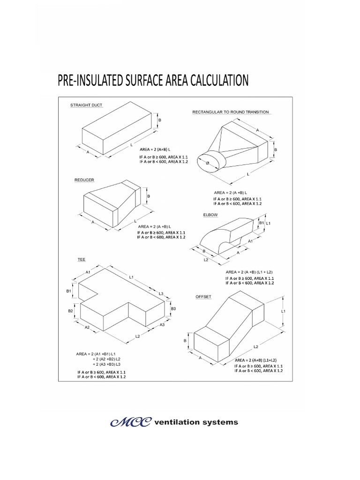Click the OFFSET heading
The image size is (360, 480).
pos(203,297)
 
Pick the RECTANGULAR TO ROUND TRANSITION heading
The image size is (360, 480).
pos(231,112)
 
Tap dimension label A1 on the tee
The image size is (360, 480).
pos(88,272)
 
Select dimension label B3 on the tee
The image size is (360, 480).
pos(173,309)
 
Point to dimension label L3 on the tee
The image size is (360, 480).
pos(161,293)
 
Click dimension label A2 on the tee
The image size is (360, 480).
pos(87,328)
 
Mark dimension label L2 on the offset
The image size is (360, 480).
pos(255,347)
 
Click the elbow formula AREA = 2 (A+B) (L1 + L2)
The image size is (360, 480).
pos(249,272)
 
